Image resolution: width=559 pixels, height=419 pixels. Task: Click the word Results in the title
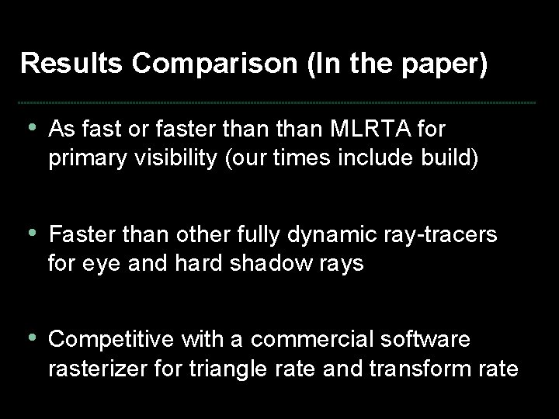point(72,64)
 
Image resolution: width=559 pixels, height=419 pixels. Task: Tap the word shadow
point(268,265)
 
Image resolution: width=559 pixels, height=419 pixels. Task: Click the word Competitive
point(112,341)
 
